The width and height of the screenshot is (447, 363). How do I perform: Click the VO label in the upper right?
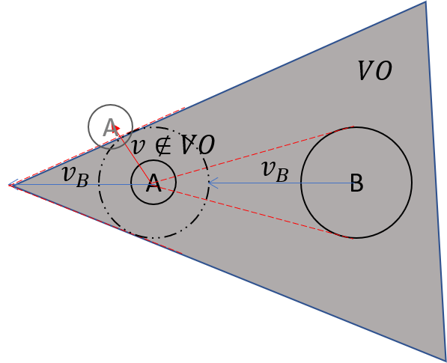pos(374,72)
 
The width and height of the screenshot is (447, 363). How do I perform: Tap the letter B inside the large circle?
pos(356,183)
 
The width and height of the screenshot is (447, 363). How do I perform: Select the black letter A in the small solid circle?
pos(153,183)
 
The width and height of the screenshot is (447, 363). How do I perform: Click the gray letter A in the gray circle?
pos(110,128)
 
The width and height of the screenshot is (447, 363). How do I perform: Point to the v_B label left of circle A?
pos(75,175)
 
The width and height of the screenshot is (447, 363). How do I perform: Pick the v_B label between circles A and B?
pos(275,171)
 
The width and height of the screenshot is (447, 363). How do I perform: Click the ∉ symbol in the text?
pos(162,145)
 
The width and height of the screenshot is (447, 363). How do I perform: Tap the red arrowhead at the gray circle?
pos(116,129)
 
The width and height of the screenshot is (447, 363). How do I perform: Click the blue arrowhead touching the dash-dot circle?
pos(212,183)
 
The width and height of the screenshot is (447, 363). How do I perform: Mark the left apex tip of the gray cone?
pos(10,184)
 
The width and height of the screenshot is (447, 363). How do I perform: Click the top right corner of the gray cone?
pos(426,2)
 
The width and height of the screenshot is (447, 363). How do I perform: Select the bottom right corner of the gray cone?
pos(445,360)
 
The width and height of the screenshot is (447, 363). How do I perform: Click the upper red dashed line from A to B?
pos(255,154)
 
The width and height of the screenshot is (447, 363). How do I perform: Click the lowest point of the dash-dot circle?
pos(154,239)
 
